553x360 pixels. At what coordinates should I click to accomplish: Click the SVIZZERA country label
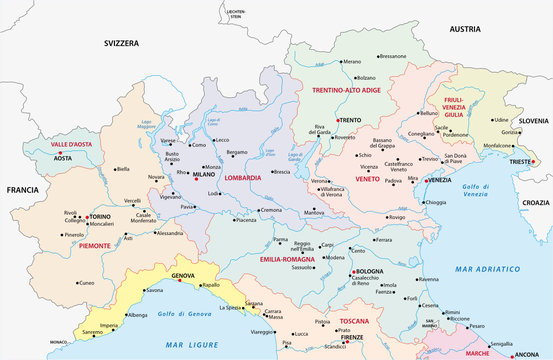(129, 44)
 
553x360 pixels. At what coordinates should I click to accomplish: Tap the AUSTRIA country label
(465, 30)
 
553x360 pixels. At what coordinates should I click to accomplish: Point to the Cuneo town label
(86, 283)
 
